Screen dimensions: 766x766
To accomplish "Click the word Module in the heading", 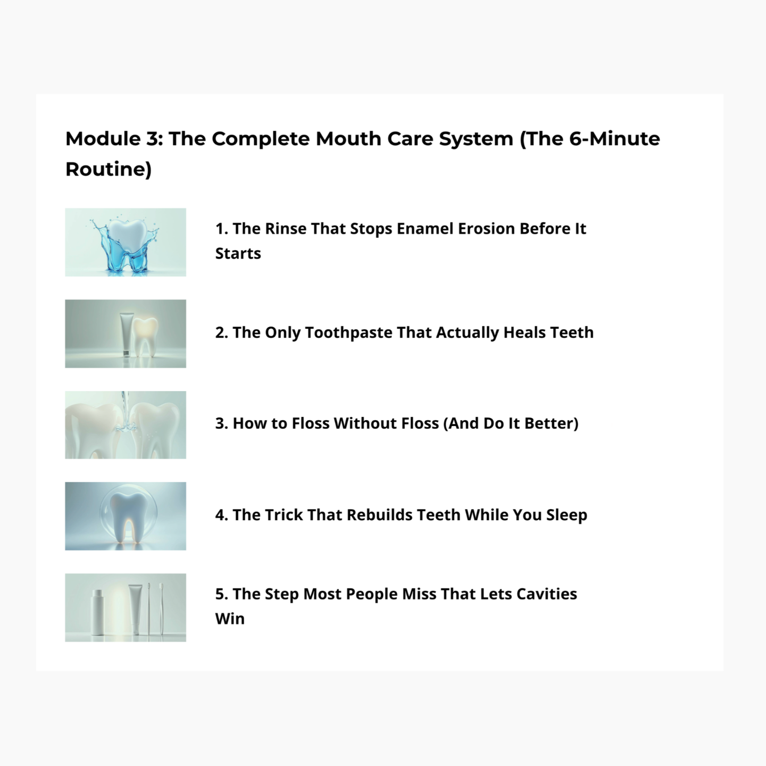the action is [x=103, y=139].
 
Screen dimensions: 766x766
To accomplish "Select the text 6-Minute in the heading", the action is [x=614, y=139].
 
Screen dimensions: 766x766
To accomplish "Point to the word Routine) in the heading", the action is [x=109, y=169].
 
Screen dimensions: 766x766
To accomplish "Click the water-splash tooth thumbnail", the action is [x=126, y=242].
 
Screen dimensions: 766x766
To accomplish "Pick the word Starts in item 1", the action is [x=238, y=254].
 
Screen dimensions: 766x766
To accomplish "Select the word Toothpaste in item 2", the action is [x=348, y=332].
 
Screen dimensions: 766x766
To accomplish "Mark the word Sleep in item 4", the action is [x=567, y=515].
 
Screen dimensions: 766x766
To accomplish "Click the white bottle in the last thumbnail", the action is [x=98, y=612].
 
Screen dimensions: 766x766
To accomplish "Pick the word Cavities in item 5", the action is [x=547, y=594].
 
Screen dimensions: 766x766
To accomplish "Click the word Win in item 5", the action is [x=230, y=619].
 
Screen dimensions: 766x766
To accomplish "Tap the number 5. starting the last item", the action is [x=222, y=594].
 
